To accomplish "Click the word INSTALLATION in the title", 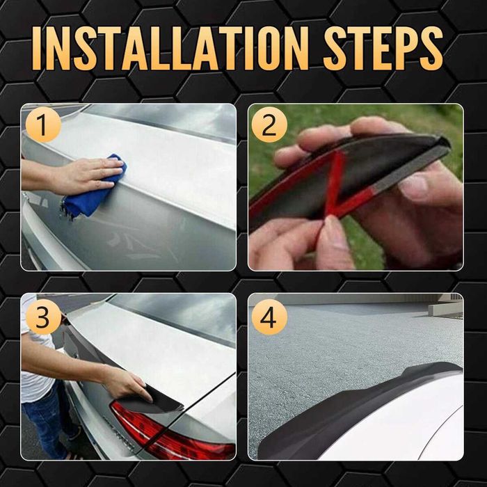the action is pos(170,48).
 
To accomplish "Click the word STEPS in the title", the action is pos(383,48).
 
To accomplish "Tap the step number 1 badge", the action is pos(43,125).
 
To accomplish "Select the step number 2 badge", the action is pos(269,125).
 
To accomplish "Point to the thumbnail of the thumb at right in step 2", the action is pos(415,186).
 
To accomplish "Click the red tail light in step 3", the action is pos(168,432).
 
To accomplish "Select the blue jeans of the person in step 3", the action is pos(47,426).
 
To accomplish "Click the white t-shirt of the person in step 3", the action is pos(34,367).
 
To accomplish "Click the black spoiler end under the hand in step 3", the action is pos(155,401).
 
